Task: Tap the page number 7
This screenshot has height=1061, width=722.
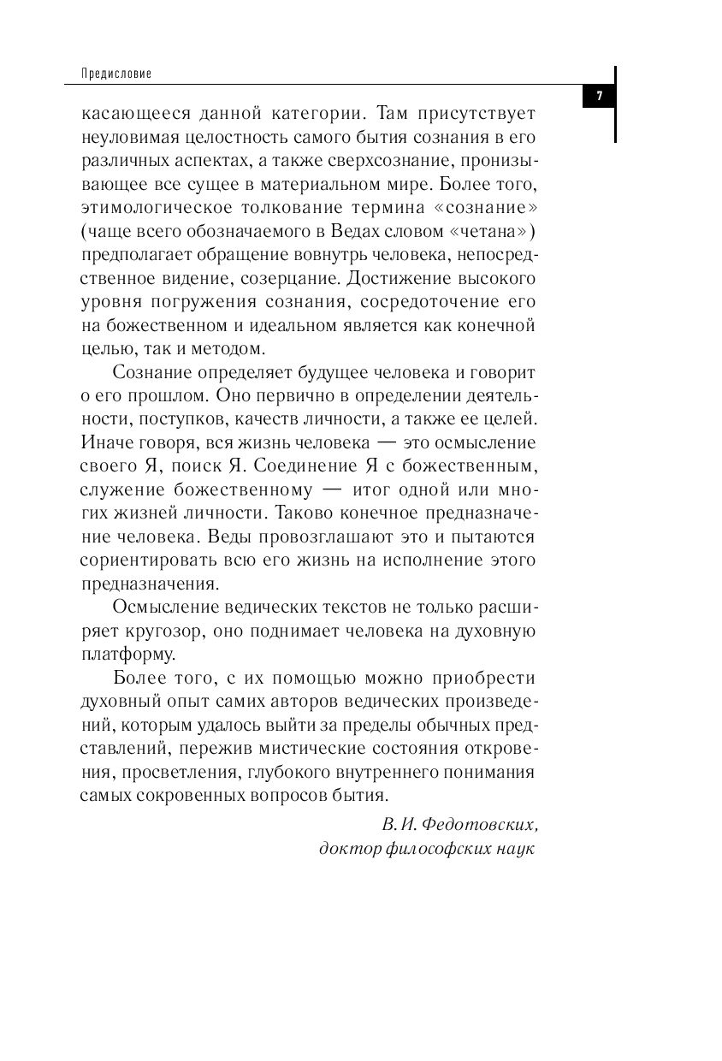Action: point(600,96)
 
